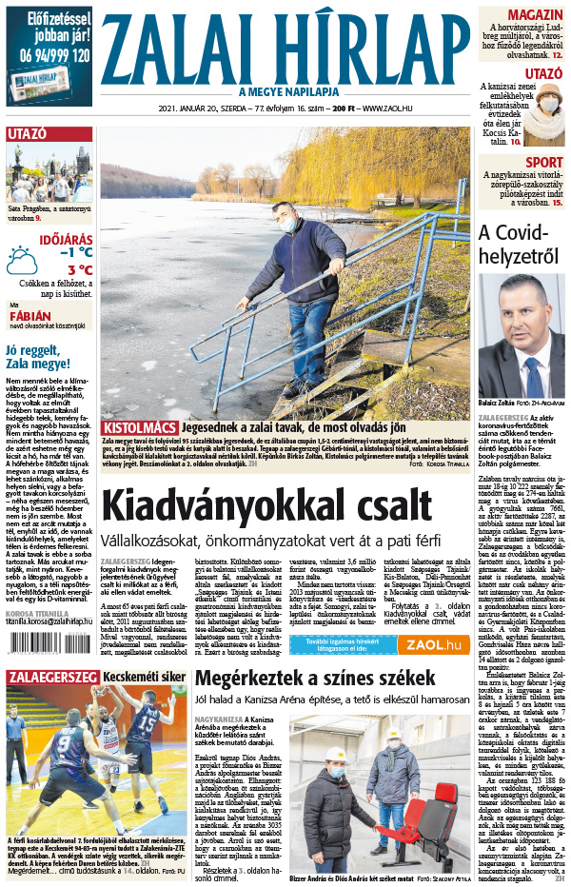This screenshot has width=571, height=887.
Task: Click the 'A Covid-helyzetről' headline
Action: pyautogui.click(x=522, y=245)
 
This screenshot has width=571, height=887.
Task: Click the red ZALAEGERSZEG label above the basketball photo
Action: pyautogui.click(x=50, y=676)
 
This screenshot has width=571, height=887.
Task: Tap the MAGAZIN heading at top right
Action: pyautogui.click(x=534, y=17)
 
